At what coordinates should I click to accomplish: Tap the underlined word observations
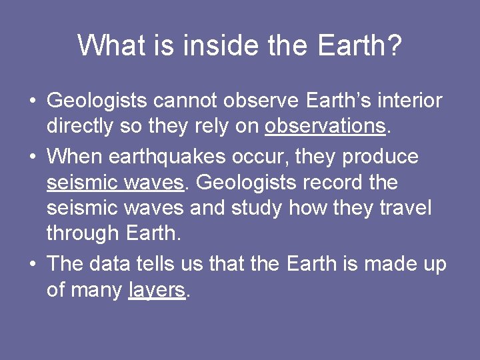pyautogui.click(x=325, y=126)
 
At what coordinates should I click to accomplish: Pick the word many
pyautogui.click(x=99, y=290)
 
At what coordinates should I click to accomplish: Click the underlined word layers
pyautogui.click(x=156, y=290)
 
